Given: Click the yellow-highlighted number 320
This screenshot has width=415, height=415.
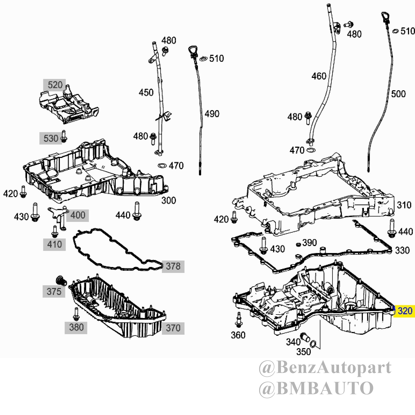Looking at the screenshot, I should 405,311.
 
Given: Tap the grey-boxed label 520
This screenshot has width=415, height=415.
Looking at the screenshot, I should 55,85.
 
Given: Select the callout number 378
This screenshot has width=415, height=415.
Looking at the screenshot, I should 173,266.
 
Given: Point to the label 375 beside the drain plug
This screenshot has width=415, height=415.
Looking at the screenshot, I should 54,291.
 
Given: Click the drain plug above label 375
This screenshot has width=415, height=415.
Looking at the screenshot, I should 61,281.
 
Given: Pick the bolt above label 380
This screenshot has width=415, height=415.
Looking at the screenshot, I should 76,314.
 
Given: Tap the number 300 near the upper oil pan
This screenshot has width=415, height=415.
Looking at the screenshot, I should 168,200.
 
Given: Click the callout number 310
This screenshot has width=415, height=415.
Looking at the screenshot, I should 404,205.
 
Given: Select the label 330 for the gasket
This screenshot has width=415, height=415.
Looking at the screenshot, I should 402,250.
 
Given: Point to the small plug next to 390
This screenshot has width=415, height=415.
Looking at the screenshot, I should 298,244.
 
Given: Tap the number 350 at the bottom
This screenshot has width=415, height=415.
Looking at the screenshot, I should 303,352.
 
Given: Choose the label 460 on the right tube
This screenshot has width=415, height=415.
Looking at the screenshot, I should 319,76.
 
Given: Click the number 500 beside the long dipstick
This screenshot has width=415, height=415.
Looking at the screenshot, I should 398,94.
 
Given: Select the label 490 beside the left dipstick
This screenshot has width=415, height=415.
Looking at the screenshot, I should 212,114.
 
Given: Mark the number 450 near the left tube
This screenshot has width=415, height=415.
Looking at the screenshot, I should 146,93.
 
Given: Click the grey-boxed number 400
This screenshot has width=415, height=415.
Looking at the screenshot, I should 78,215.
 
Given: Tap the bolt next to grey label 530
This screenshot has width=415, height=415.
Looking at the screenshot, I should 64,136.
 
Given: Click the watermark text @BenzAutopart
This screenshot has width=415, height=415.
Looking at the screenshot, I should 325,368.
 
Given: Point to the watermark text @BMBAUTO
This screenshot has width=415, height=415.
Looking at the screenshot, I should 316,388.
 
